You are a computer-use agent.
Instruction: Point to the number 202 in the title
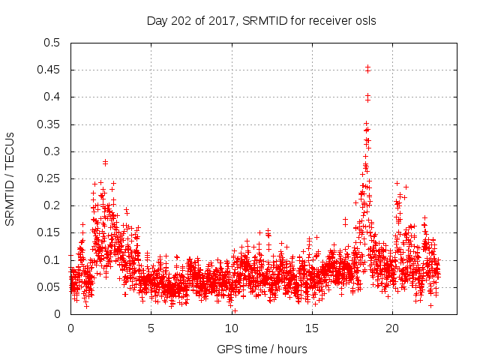coord(179,21)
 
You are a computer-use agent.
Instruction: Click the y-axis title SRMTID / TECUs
coord(10,178)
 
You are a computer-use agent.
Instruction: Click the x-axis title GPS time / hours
coord(262,349)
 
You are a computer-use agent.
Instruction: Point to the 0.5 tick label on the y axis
coord(53,43)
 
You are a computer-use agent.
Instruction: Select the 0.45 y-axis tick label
coord(50,70)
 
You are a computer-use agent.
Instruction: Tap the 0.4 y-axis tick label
coord(53,97)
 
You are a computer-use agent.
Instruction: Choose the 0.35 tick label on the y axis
coord(50,124)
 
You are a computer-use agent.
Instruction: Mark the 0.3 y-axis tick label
coord(53,151)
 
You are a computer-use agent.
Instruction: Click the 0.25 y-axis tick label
coord(50,178)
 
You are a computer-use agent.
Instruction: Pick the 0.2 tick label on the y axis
coord(53,205)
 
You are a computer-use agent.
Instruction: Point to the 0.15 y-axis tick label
coord(50,232)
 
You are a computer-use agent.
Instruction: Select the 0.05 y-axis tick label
coord(50,287)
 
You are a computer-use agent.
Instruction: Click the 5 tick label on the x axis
coord(151,328)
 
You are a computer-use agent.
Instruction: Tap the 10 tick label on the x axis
coord(231,328)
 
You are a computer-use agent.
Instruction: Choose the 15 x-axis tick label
coord(311,328)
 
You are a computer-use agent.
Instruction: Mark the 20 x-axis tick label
coord(391,328)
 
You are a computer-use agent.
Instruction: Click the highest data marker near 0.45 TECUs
coord(367,67)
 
